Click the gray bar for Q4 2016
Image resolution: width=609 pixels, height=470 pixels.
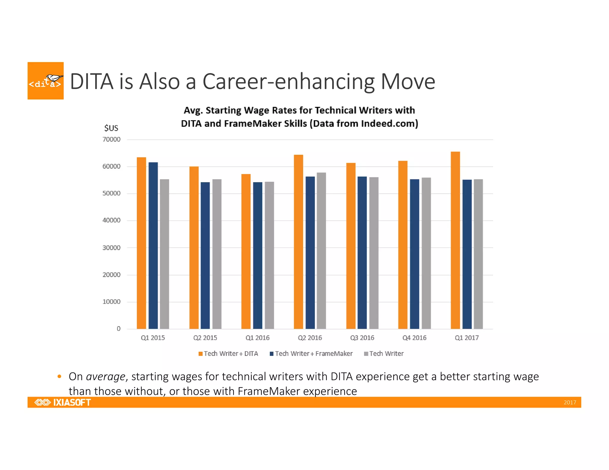(426, 253)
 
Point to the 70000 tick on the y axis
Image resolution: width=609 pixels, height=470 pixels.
(112, 139)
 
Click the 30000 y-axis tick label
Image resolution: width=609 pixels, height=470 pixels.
(112, 248)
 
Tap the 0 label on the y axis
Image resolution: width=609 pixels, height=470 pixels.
(119, 329)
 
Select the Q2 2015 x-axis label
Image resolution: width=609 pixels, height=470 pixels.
(205, 338)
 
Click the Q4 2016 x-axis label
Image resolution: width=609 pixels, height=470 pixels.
(414, 338)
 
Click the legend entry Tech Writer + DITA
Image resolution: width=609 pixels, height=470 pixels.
(228, 354)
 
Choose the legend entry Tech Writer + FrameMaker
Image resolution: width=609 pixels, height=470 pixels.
(311, 354)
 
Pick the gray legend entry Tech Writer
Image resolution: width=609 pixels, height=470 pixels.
(384, 354)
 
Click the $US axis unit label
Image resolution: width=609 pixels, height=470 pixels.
(111, 128)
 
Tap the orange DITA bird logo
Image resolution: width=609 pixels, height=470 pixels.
(45, 81)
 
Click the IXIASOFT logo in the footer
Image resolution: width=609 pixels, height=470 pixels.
(63, 402)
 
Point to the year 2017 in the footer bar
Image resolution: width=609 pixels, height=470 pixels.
(570, 402)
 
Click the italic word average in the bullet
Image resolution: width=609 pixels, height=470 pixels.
(106, 376)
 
